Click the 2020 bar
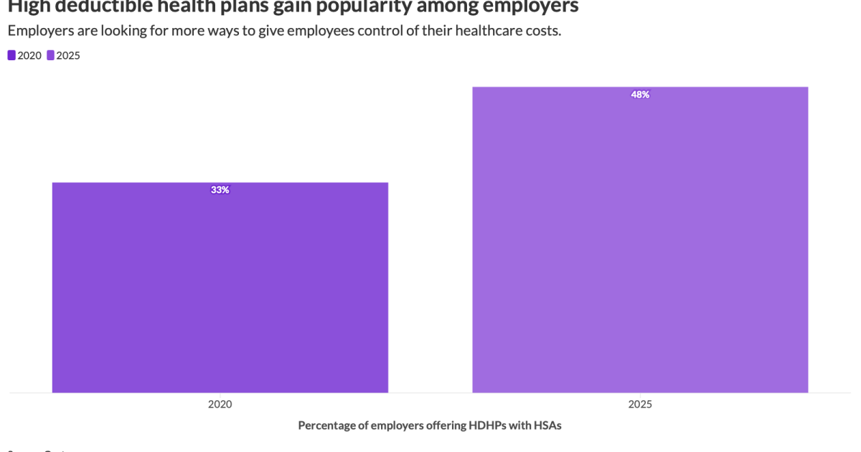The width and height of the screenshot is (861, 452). coord(220,287)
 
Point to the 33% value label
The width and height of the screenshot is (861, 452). coord(220,190)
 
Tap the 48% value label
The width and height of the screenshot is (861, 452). coord(640,95)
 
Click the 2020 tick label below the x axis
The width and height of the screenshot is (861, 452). coord(220,404)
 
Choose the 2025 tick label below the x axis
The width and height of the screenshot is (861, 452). coord(640,404)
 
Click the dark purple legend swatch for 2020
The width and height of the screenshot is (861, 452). coord(11,55)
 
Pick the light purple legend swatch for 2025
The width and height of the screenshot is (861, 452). coord(50,55)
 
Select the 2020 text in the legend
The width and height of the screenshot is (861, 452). coord(29,55)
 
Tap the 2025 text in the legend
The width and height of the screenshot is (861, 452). coord(68,55)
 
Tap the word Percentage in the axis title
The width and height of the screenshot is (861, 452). coord(326,425)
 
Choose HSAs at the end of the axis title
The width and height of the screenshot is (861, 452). coord(547,425)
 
